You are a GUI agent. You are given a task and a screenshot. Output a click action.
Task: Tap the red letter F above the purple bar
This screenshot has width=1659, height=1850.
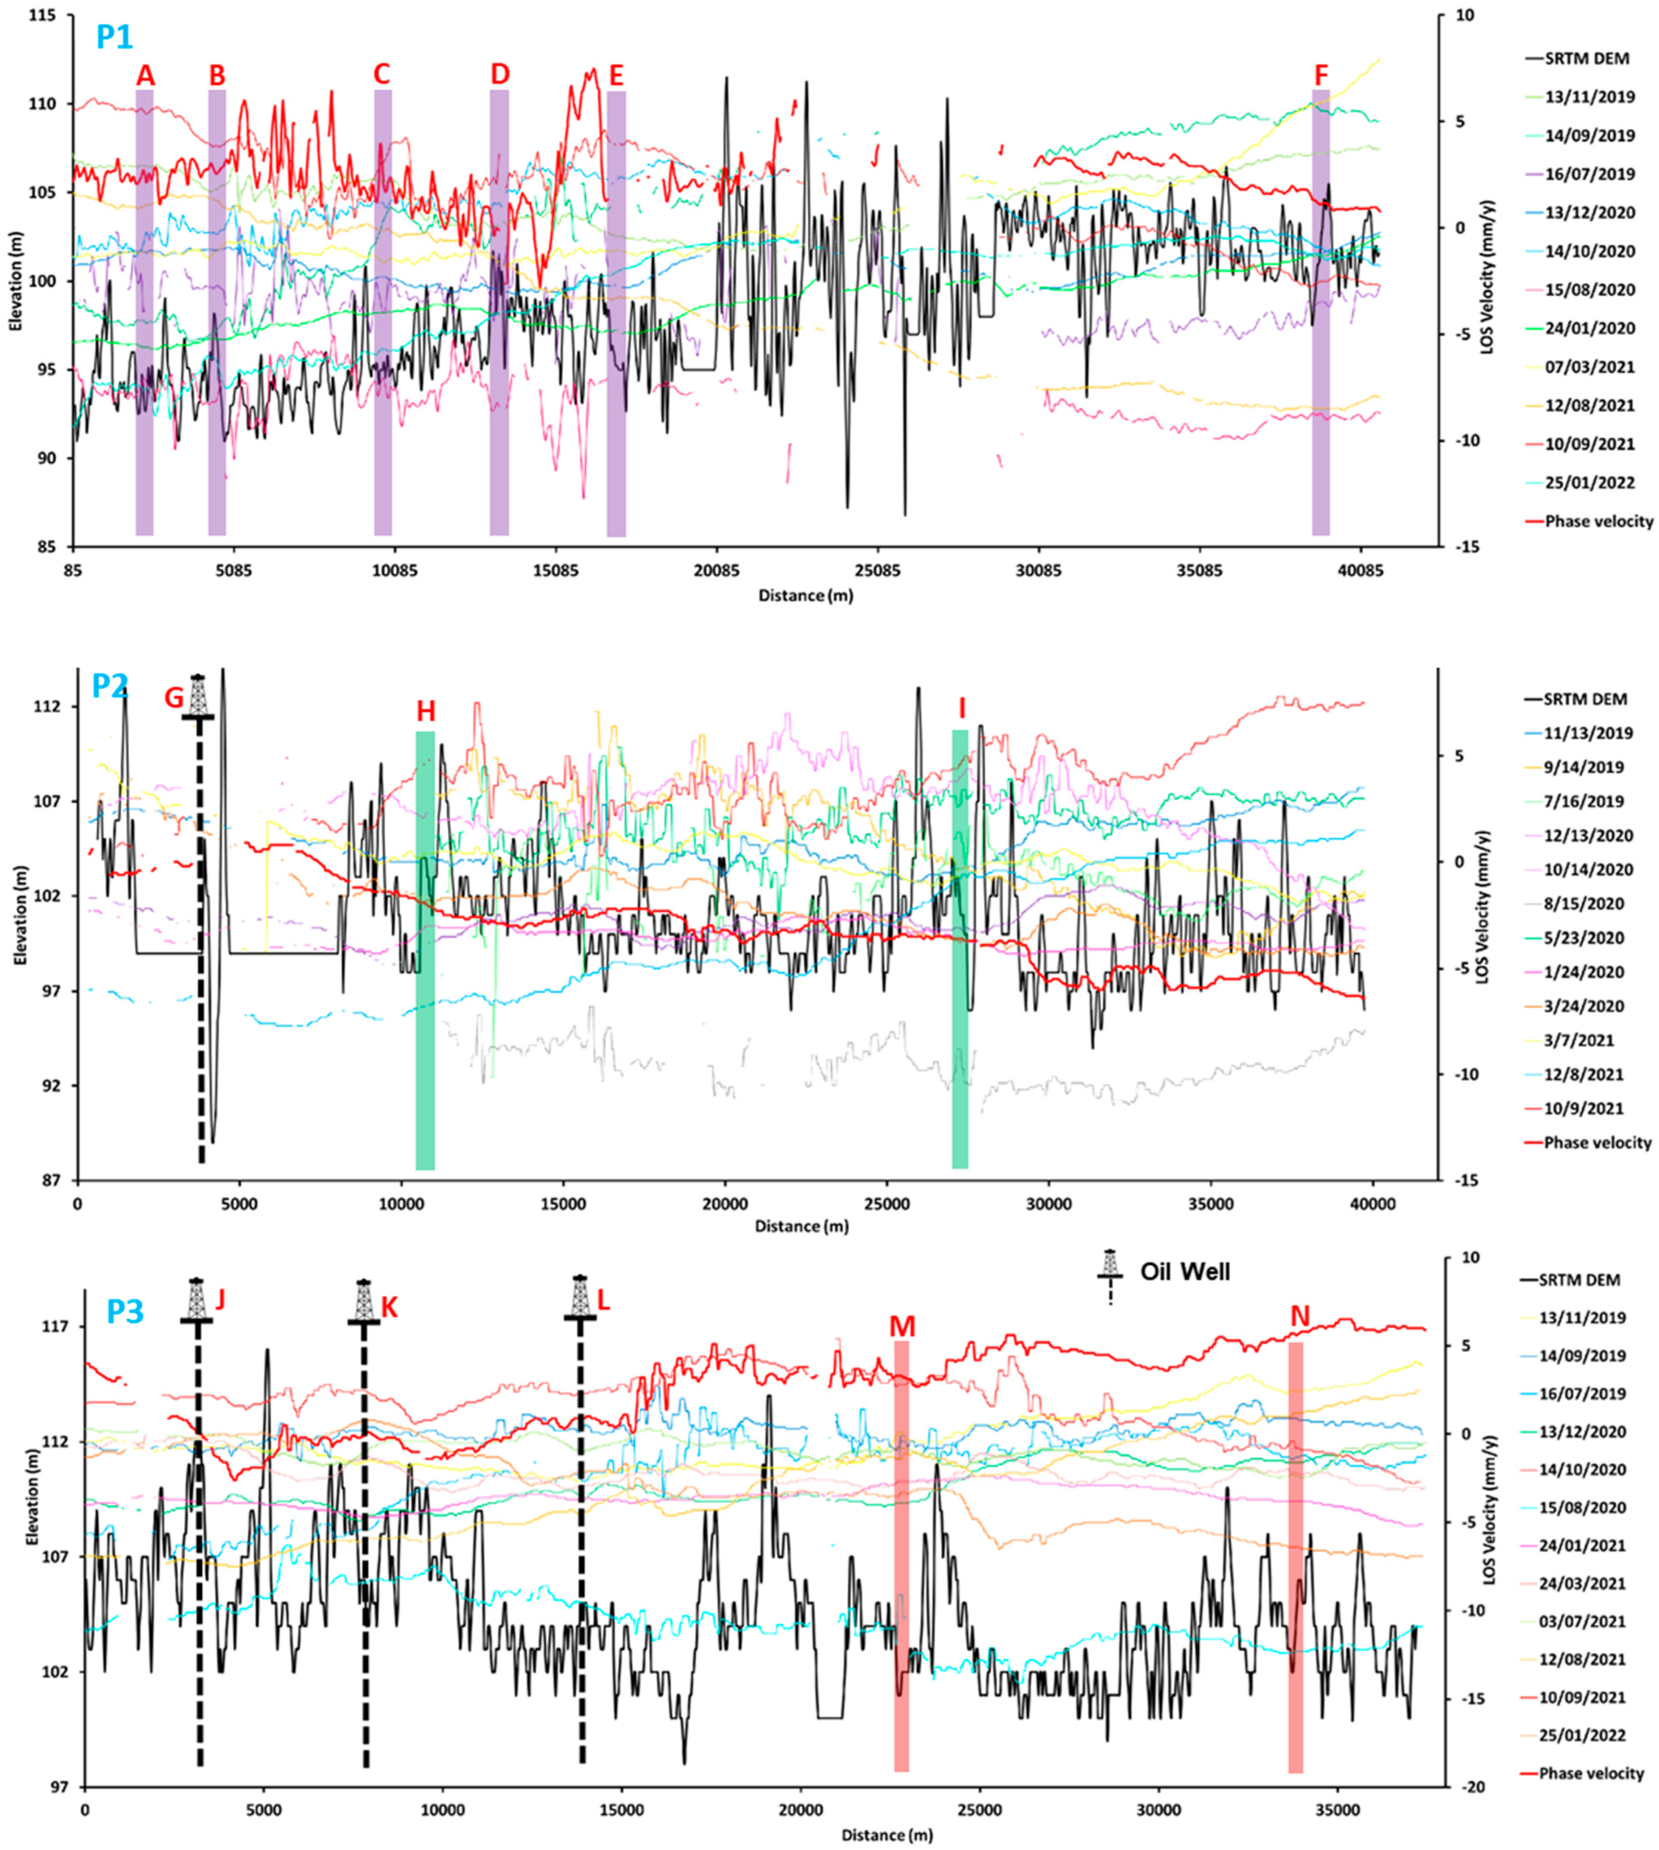1321,76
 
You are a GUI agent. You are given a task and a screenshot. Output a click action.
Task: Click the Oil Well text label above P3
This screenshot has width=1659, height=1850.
1185,1271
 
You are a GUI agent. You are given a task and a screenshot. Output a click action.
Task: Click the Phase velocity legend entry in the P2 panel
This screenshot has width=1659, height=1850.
1597,1142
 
